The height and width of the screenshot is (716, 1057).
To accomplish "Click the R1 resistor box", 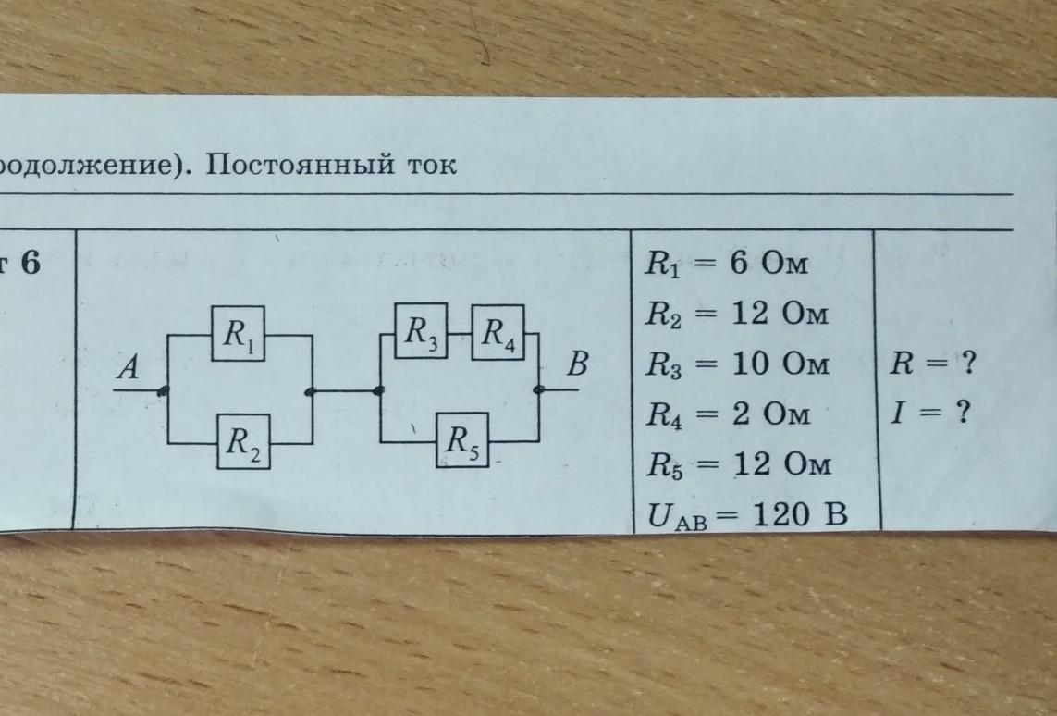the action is click(x=238, y=333).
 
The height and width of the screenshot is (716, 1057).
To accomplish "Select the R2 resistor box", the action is click(x=243, y=441).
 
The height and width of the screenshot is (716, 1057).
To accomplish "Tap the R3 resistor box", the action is click(x=422, y=330).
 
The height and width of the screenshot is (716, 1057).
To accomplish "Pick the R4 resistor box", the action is click(x=498, y=332).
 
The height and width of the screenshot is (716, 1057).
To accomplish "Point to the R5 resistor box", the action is click(x=463, y=439).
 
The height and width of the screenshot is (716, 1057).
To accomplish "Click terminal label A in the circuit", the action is click(x=129, y=368).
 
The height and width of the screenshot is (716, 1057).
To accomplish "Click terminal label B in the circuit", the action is click(x=577, y=364).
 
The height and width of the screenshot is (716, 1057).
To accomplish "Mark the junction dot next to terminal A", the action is click(x=163, y=390).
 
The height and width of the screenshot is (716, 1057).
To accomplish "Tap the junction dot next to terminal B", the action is click(x=538, y=389).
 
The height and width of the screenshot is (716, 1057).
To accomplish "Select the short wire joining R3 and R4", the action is click(x=459, y=333).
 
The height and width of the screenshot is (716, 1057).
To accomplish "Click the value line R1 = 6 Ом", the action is click(x=726, y=263).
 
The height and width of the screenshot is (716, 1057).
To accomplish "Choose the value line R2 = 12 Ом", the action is click(x=737, y=314).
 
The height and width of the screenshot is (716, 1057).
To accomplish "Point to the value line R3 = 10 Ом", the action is click(x=737, y=364).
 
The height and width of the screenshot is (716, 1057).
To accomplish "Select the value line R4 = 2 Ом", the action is click(x=728, y=414).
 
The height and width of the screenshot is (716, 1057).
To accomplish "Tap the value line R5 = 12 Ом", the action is click(x=739, y=464).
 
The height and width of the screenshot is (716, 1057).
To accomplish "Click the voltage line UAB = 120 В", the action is click(x=747, y=516).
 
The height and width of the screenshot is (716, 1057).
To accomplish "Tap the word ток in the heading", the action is click(x=431, y=166).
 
